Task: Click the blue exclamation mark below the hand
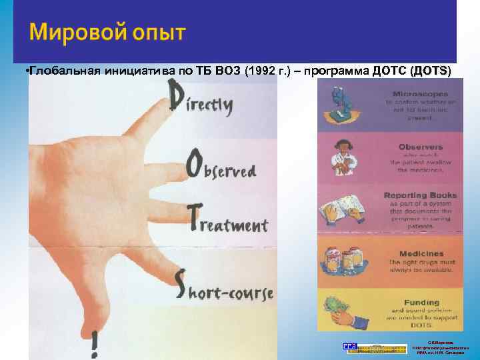click(96, 341)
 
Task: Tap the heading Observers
click(420, 147)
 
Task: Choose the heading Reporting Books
click(420, 195)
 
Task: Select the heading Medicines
click(421, 254)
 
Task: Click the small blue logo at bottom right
click(349, 347)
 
